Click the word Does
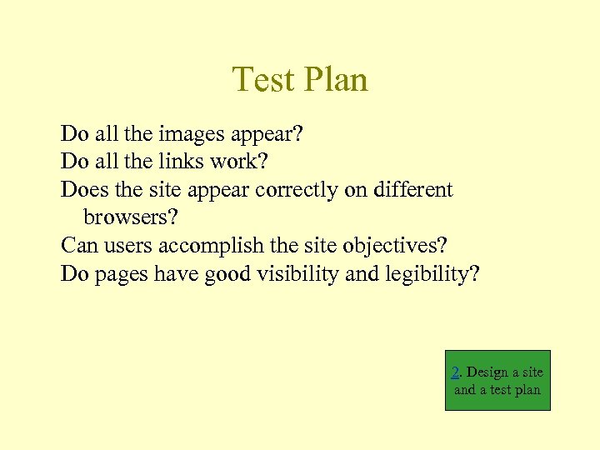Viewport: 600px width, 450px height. [85, 190]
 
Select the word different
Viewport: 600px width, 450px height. [412, 190]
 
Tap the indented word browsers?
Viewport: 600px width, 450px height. [131, 217]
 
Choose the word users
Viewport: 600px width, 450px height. [127, 246]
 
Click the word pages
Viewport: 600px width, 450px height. [122, 274]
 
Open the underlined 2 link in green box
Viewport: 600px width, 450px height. [456, 372]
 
